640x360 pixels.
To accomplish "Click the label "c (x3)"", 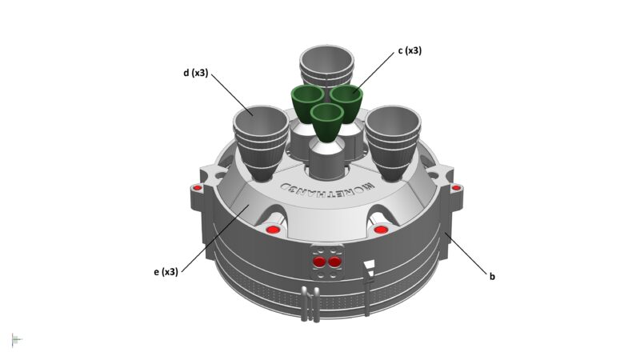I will click(x=409, y=51).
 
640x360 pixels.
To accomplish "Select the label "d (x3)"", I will click(x=195, y=73).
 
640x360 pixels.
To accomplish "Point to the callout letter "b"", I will click(x=492, y=277).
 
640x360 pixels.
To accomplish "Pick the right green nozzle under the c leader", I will click(x=347, y=101).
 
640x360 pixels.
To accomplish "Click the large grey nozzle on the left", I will click(x=259, y=136).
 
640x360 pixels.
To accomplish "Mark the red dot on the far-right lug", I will click(x=456, y=188).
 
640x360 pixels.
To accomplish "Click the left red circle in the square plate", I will click(x=320, y=262).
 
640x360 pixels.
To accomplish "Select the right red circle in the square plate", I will click(x=334, y=262).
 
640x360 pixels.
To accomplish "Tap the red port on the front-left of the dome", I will click(x=272, y=230).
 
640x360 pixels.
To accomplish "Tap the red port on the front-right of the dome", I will click(x=381, y=230).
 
